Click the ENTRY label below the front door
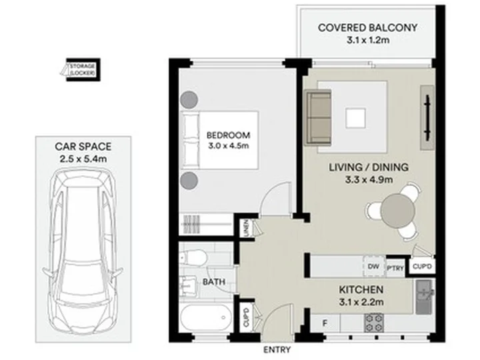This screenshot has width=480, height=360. (x=277, y=349)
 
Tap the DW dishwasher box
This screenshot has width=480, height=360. (x=373, y=266)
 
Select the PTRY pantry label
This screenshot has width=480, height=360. (x=395, y=268)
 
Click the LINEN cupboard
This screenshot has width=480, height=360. (x=247, y=228)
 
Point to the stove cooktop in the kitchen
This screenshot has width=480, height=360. (x=374, y=323)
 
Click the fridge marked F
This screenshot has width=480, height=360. (x=325, y=323)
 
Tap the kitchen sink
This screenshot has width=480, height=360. (x=425, y=297)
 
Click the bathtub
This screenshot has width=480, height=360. (x=206, y=317)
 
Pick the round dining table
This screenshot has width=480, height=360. (x=397, y=211)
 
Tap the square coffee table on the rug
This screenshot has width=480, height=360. (x=355, y=118)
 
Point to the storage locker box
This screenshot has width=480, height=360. (x=83, y=70)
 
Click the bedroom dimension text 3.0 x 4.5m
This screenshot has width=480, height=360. (x=229, y=146)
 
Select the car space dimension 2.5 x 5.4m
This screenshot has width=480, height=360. (x=83, y=159)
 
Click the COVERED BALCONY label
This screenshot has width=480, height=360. (x=367, y=28)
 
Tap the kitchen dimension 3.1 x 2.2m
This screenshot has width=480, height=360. (x=361, y=302)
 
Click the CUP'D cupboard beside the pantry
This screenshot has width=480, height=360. (x=422, y=267)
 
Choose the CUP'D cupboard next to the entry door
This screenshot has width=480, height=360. (x=247, y=317)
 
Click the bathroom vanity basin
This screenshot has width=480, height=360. (x=188, y=285)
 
